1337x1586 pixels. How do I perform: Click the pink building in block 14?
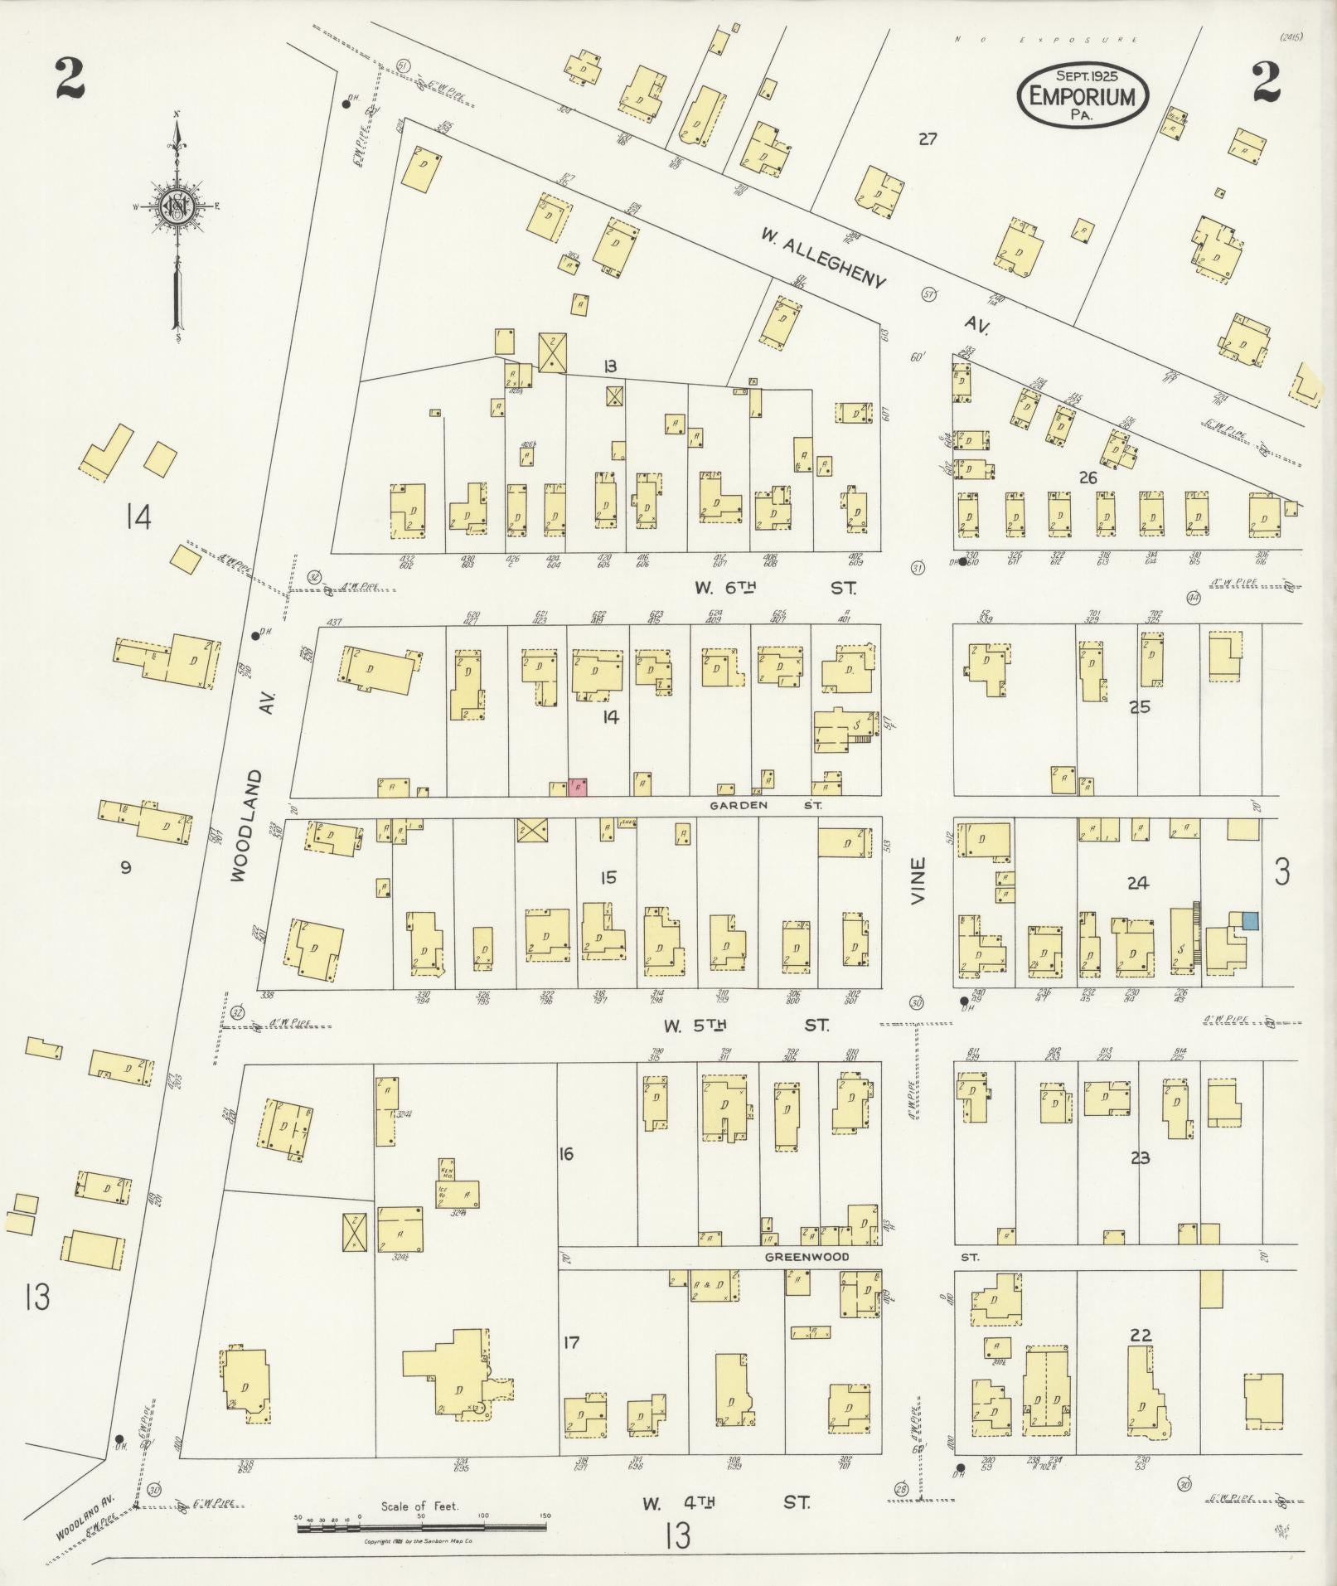pos(578,788)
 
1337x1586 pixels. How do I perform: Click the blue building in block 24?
pos(1250,920)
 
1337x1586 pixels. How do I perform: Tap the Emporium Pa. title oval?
pos(1083,95)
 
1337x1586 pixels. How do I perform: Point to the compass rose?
pos(177,207)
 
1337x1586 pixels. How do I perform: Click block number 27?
pos(927,139)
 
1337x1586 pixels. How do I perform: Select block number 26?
pos(1088,478)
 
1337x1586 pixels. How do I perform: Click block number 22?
pos(1141,1335)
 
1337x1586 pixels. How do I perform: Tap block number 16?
pos(566,1153)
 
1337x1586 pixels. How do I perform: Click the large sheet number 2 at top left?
pos(70,80)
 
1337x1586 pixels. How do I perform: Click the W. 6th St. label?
pos(774,588)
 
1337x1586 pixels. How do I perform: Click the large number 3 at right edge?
pos(1282,872)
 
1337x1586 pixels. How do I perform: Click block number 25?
pos(1140,707)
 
